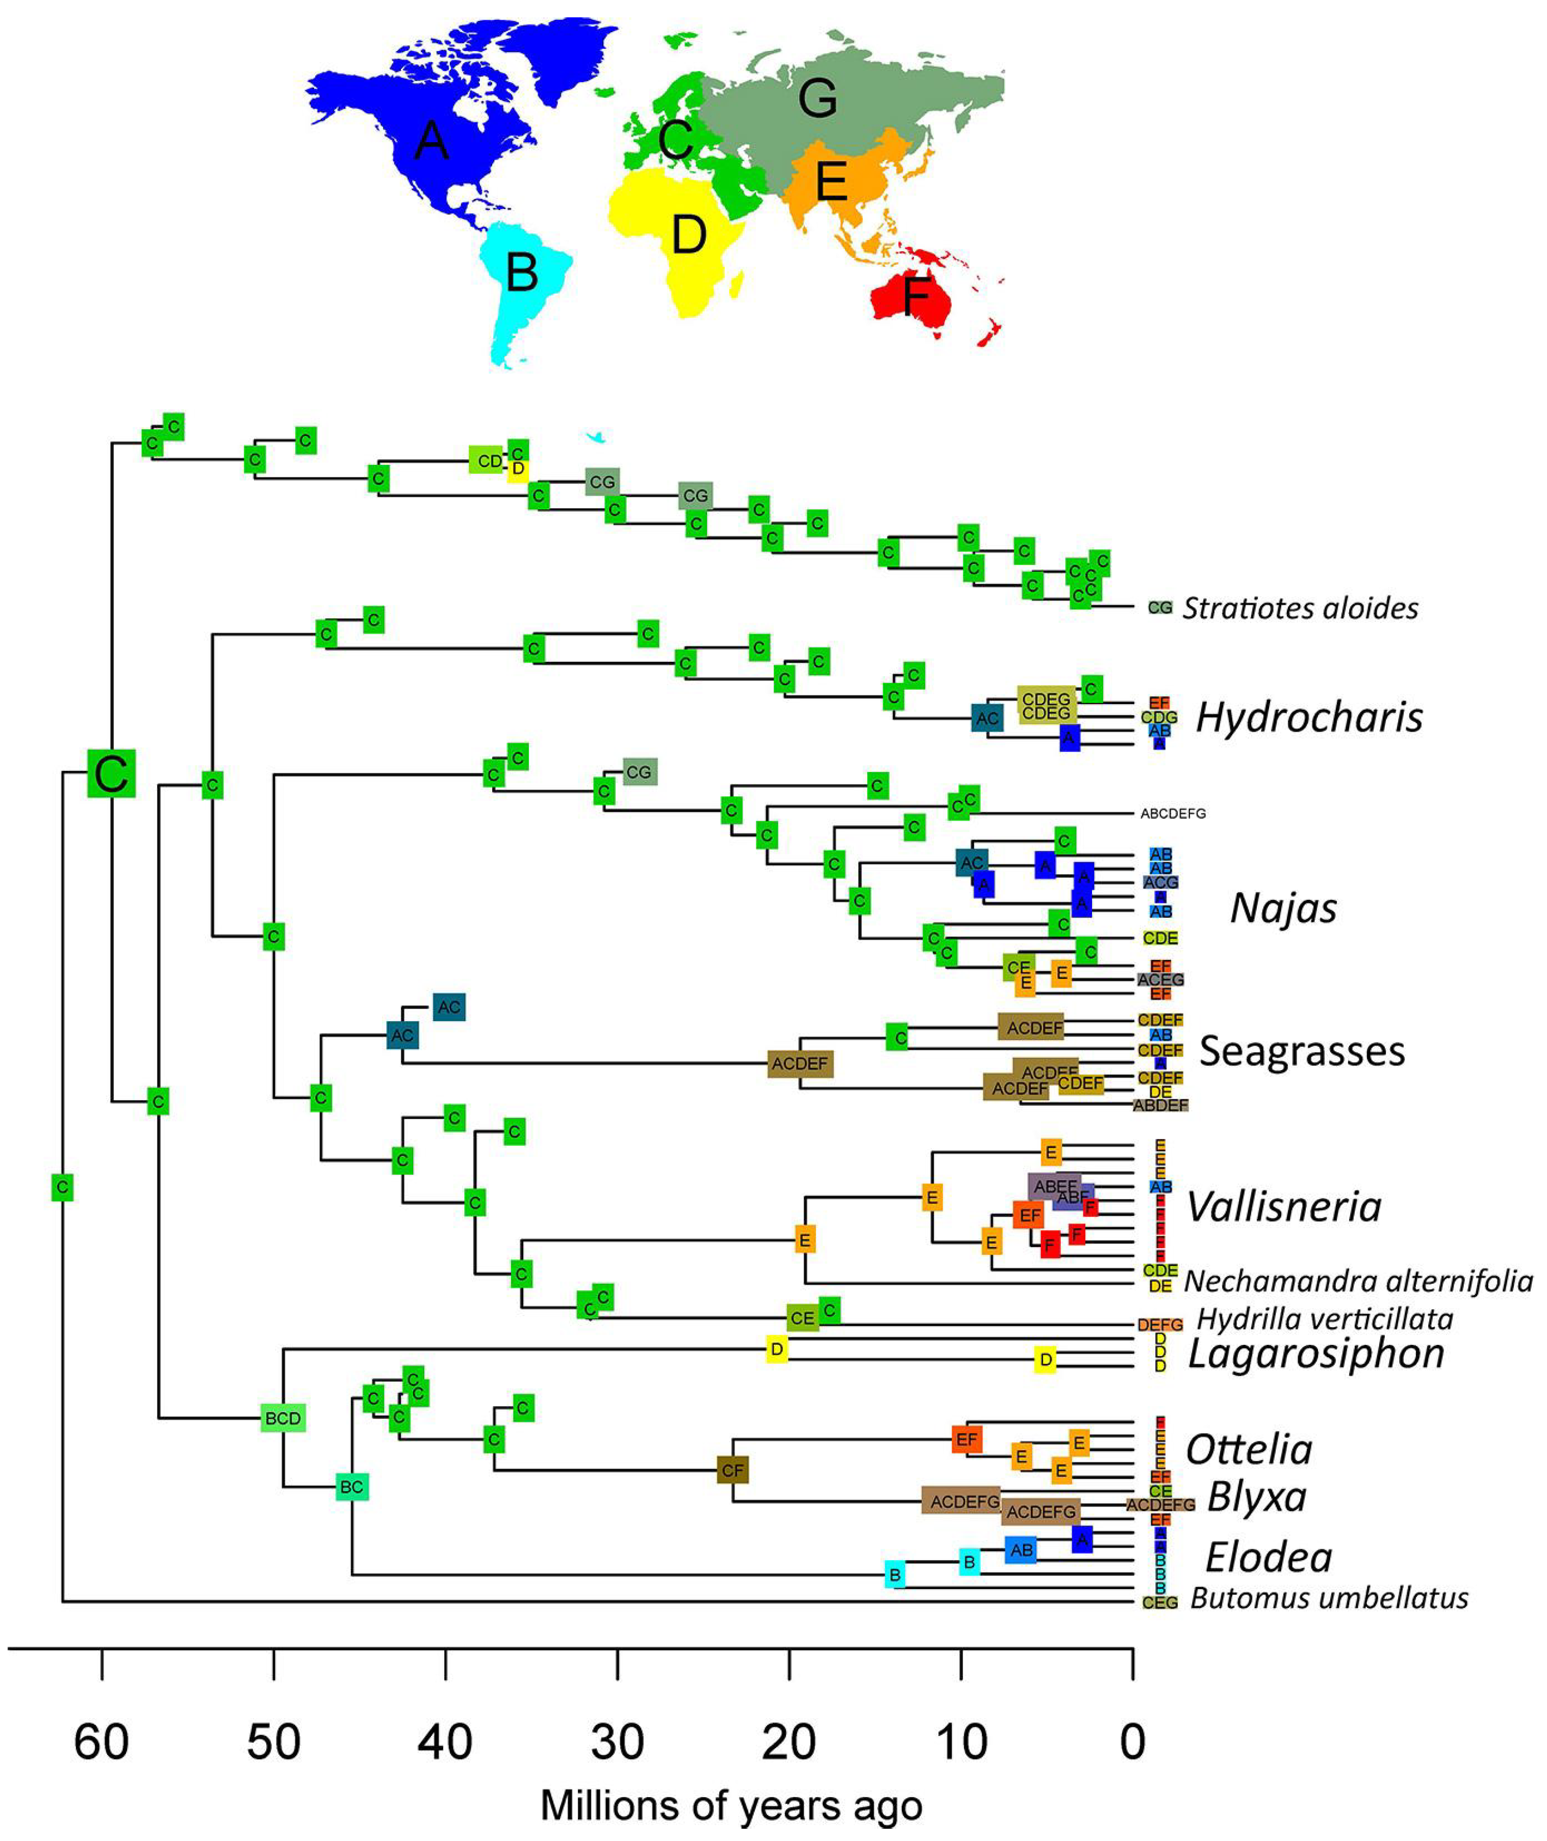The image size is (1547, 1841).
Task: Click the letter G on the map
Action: (817, 98)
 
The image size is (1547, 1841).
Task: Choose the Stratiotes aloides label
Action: (1300, 608)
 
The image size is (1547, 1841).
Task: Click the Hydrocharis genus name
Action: (1308, 717)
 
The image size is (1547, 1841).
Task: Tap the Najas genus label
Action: (1283, 908)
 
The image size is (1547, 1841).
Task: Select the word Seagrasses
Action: (1302, 1051)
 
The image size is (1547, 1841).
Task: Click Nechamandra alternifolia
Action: (1358, 1282)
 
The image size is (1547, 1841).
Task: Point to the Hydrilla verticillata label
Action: (1324, 1319)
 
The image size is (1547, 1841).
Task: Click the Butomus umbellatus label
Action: (1329, 1598)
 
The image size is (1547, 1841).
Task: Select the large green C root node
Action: (111, 773)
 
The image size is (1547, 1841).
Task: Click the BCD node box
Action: (283, 1417)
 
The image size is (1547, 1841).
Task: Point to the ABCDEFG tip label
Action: (1173, 814)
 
